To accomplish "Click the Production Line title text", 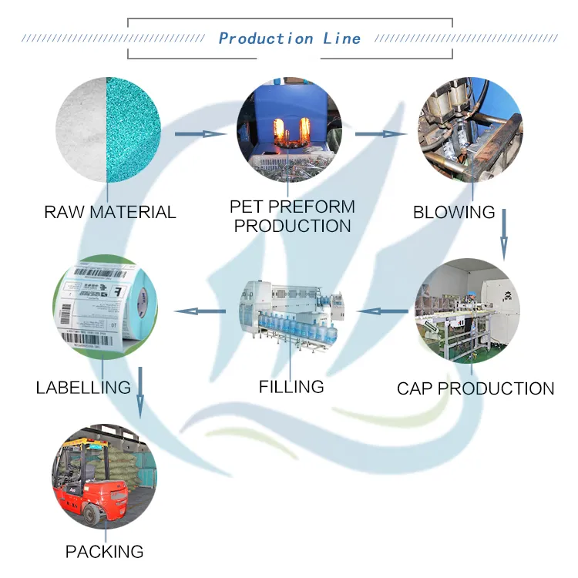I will pyautogui.click(x=289, y=38).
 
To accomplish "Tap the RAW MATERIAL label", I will pyautogui.click(x=109, y=212).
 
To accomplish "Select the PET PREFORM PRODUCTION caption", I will pyautogui.click(x=292, y=217).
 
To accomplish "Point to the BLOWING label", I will pyautogui.click(x=454, y=212).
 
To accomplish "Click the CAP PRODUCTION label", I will pyautogui.click(x=475, y=388).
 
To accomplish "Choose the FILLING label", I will pyautogui.click(x=291, y=386).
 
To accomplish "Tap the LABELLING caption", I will pyautogui.click(x=83, y=387).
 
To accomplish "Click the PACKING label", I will pyautogui.click(x=104, y=552).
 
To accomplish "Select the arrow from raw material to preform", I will pyautogui.click(x=201, y=134).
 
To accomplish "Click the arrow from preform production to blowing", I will pyautogui.click(x=381, y=134).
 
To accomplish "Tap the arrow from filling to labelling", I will pyautogui.click(x=200, y=311).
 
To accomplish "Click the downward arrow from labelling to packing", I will pyautogui.click(x=139, y=393).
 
